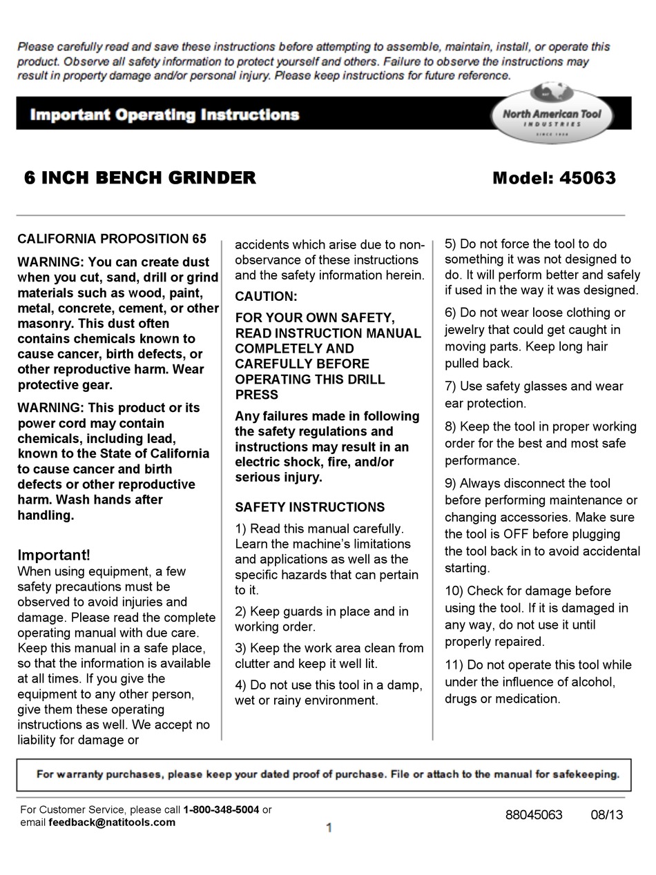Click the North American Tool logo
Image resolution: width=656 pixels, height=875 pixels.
551,114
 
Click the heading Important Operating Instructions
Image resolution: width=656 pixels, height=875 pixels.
164,115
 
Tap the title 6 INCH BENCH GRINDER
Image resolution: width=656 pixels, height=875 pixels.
140,178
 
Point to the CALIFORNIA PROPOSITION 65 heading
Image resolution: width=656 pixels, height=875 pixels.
112,239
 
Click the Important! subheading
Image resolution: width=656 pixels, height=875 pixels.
54,555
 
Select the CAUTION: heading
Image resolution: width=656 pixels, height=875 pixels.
266,297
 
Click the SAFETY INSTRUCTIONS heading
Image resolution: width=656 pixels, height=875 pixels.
309,507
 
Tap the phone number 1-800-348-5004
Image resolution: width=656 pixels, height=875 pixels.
221,809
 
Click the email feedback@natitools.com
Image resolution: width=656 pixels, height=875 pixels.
112,822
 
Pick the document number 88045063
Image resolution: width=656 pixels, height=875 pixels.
534,815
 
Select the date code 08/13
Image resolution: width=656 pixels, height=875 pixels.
606,815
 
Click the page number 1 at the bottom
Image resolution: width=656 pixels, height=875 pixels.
329,827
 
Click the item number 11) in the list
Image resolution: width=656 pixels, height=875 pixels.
454,665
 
